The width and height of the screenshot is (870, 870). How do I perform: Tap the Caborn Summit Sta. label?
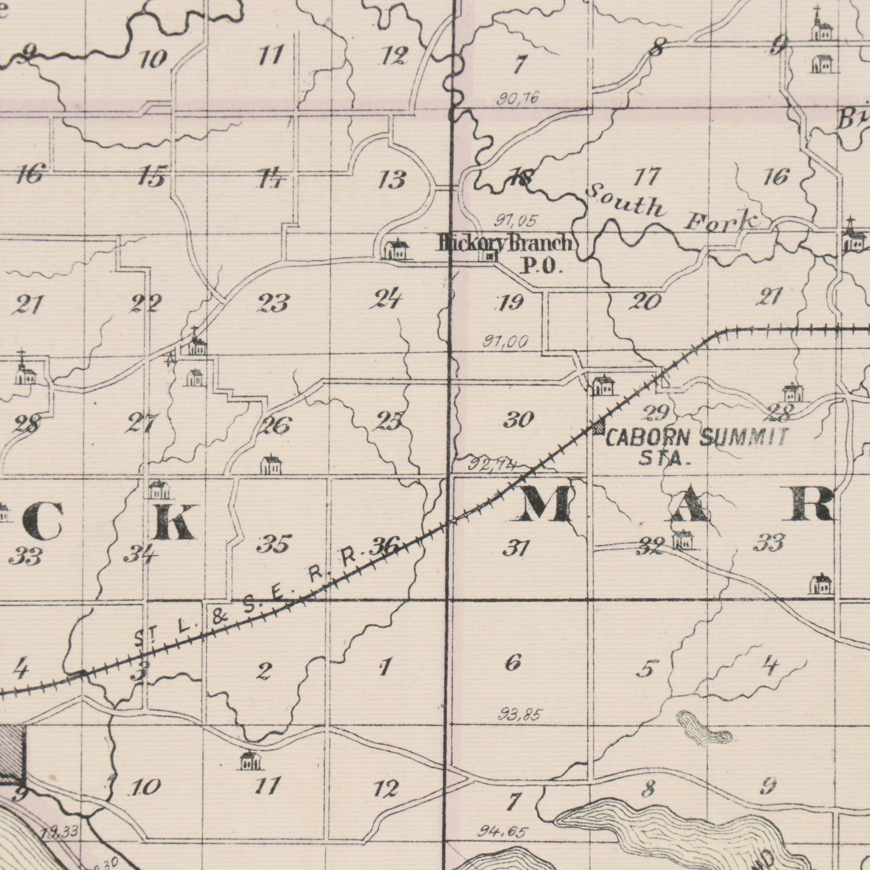697,446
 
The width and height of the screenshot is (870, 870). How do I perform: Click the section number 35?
274,544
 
